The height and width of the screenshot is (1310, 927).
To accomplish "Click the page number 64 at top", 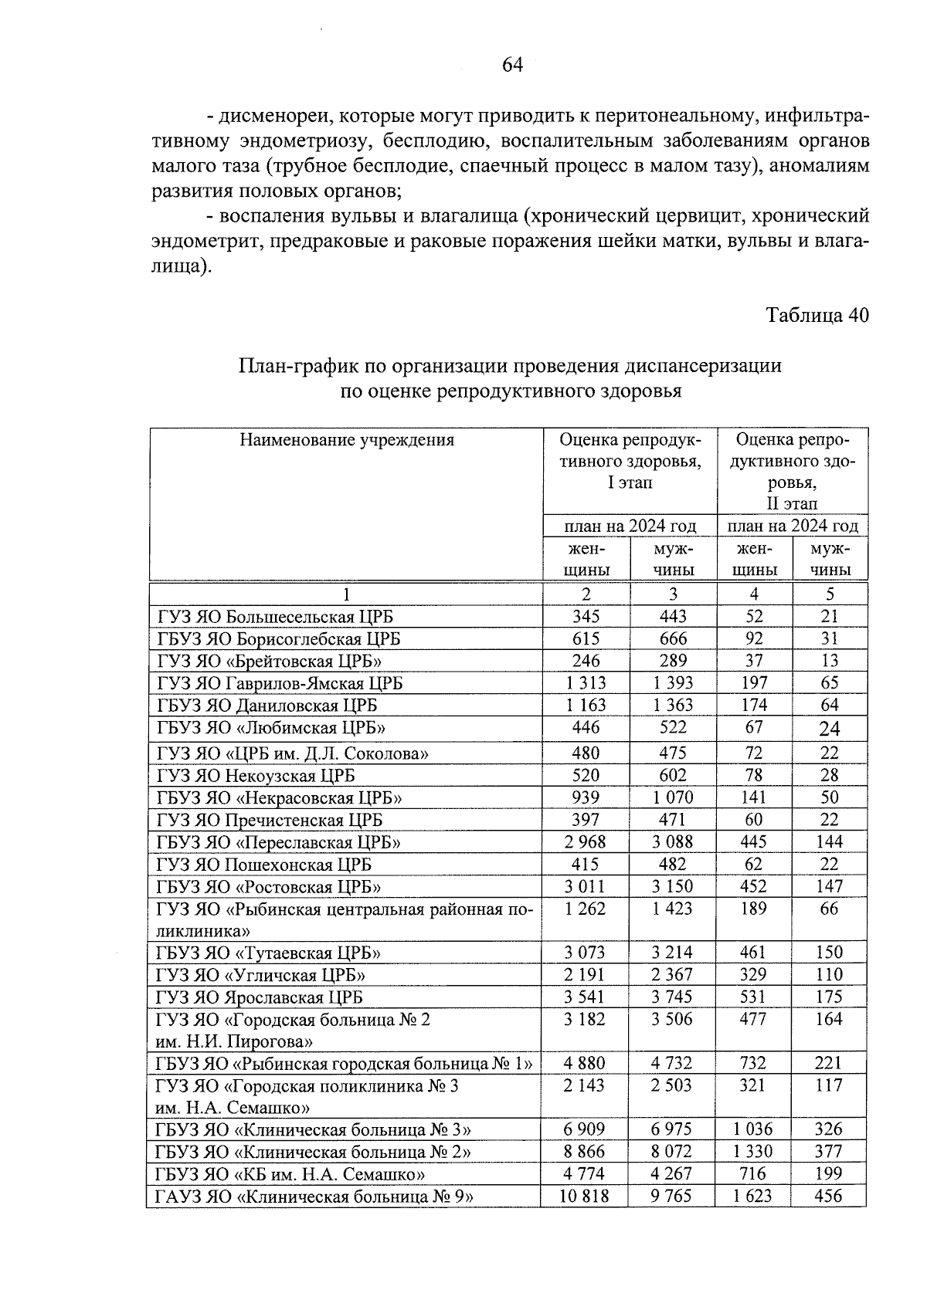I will coord(512,66).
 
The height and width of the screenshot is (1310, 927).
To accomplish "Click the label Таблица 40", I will coord(817,315).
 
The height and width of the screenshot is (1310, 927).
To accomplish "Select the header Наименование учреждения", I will coord(346,440).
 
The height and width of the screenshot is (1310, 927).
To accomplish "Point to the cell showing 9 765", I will coord(672,1197).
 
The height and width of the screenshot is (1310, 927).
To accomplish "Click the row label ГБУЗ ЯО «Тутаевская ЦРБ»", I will coord(268,953).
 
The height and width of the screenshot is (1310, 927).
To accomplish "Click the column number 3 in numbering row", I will coord(673,594).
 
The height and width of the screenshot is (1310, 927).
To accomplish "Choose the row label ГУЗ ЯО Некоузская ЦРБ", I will coord(256,776).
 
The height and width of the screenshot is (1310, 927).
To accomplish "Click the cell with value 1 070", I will coord(672,797).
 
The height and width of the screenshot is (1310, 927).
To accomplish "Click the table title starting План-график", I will coord(511,366).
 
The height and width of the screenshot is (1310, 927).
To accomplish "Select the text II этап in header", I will coord(792,504).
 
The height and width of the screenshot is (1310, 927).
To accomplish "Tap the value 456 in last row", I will coord(828,1197).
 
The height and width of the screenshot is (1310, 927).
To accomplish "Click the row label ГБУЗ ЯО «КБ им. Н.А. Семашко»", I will coord(292,1175).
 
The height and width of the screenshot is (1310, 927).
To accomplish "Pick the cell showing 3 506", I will coord(672,1019).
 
